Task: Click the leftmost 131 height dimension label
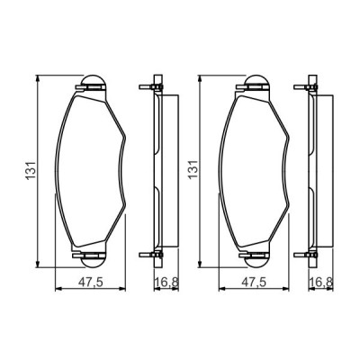coord(30,169)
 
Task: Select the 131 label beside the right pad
coord(191,169)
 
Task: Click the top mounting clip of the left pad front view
coord(94,85)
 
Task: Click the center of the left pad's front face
coord(94,171)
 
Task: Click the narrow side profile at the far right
coord(312,171)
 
